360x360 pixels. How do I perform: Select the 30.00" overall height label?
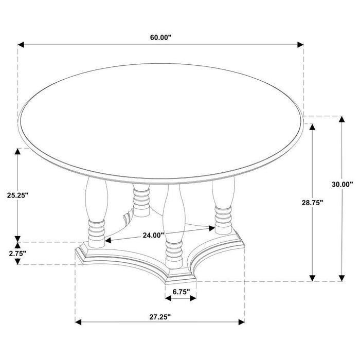tap(343, 184)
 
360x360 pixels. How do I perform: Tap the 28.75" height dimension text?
tap(312, 203)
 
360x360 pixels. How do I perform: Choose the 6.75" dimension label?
tap(181, 292)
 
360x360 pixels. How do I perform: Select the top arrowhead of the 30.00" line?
tap(342, 120)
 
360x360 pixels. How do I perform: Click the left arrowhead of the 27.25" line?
tap(79, 322)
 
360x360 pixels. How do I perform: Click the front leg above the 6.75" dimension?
tap(174, 226)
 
